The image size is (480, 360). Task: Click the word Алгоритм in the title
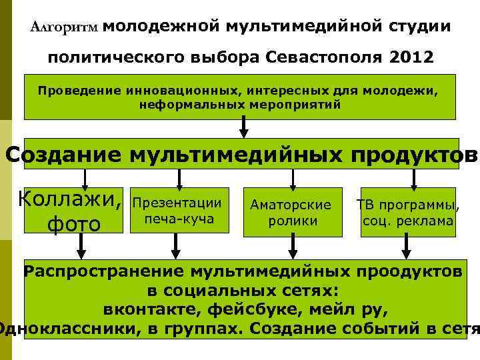click(65, 27)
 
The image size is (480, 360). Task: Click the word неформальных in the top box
click(182, 105)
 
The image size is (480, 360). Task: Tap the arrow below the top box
click(244, 126)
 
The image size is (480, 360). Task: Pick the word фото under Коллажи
click(73, 224)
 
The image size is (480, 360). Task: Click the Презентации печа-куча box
click(177, 211)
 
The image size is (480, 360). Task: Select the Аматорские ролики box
click(291, 212)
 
